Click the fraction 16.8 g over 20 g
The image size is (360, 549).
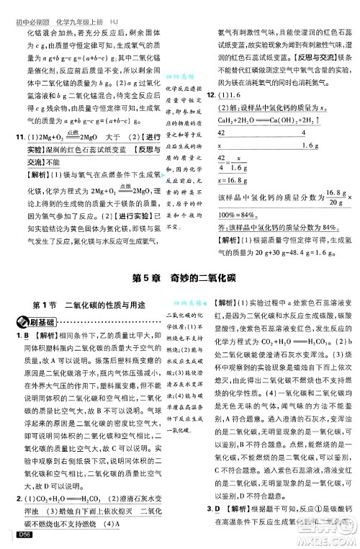[328, 198]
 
